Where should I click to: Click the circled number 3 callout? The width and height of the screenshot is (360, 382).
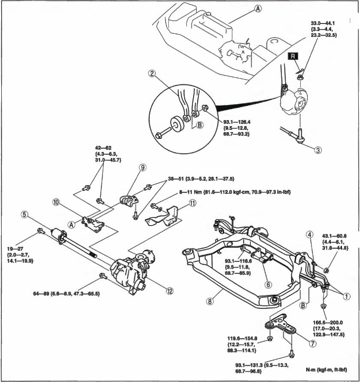(x=318, y=150)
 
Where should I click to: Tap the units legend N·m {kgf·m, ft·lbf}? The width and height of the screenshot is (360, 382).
(x=326, y=369)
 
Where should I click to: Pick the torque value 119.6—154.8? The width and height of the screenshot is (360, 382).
(x=241, y=337)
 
